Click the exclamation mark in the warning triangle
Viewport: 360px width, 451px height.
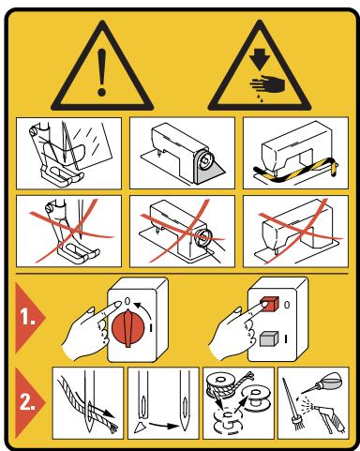tap(102, 72)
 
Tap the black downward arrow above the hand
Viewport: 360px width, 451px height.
tap(260, 58)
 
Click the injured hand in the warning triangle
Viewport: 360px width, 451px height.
tap(268, 83)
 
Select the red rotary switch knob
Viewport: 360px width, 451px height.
tap(128, 328)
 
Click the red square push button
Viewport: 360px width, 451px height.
tap(269, 304)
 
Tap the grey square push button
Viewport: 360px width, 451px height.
tap(269, 338)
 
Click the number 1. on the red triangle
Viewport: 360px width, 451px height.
tap(28, 317)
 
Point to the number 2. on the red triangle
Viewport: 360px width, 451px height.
tap(27, 402)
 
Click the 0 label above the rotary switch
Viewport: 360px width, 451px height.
tap(127, 301)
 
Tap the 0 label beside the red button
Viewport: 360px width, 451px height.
tap(287, 305)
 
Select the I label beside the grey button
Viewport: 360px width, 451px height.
tap(286, 338)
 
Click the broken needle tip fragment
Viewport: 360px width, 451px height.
tap(140, 427)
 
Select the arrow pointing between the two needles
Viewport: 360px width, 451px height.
tap(163, 426)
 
